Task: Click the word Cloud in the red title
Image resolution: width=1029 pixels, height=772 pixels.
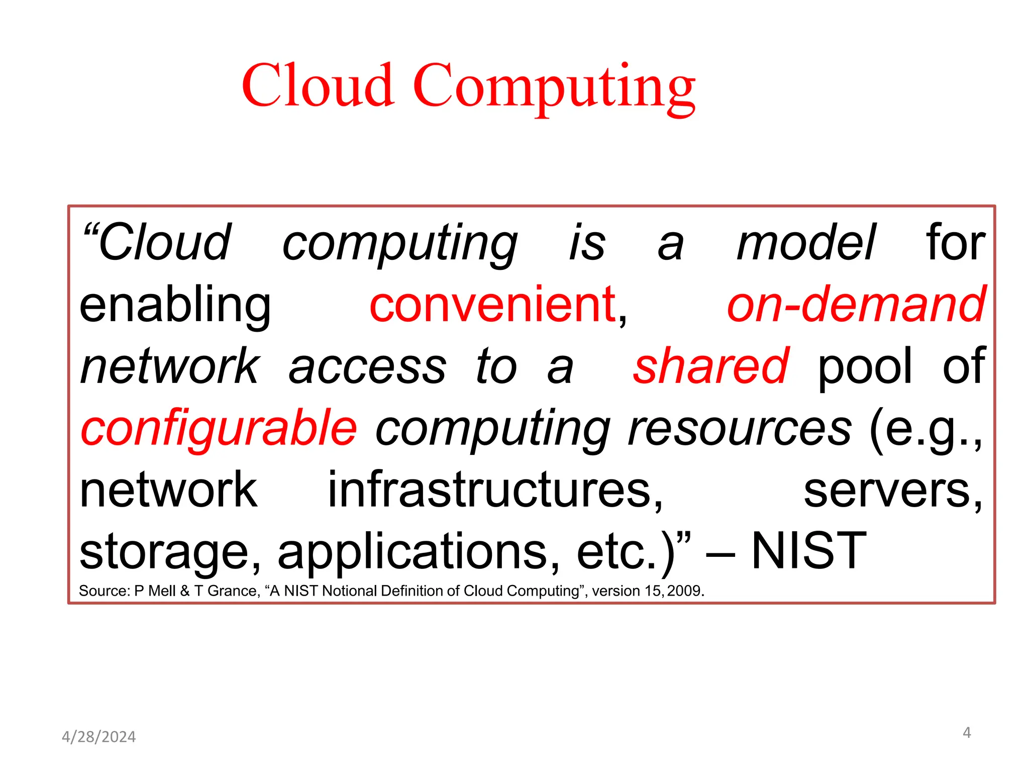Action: tap(317, 85)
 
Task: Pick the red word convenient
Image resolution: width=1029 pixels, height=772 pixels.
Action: tap(493, 305)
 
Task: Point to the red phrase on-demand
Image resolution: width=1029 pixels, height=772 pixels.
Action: tap(856, 305)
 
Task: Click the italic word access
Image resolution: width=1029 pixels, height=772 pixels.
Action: tap(367, 367)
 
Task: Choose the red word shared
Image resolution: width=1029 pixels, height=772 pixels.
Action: tap(710, 366)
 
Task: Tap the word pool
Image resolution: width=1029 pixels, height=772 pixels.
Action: tap(865, 367)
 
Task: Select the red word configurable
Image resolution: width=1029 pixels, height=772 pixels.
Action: tap(219, 429)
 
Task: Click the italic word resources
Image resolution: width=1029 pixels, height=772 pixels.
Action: tap(740, 429)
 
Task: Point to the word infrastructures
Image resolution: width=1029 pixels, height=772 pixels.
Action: tap(495, 490)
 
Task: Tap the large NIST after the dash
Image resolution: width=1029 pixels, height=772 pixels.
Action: tap(809, 551)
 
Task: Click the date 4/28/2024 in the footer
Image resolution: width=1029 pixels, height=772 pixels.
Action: tap(98, 737)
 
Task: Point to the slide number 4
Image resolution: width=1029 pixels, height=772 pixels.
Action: tap(966, 733)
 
